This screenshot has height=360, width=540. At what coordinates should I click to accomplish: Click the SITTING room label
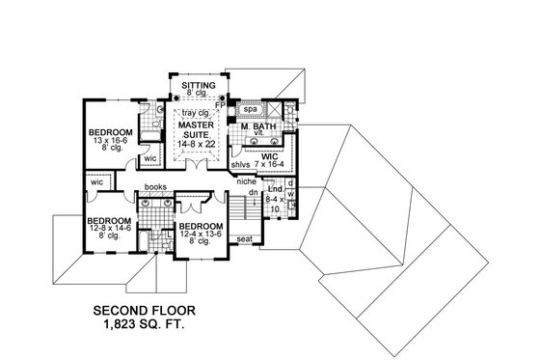(x=199, y=86)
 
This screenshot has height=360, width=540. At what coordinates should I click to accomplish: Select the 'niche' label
(x=245, y=181)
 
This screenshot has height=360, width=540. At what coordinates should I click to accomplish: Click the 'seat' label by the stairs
(x=244, y=239)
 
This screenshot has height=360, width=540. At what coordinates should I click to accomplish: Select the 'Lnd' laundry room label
(x=274, y=191)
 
